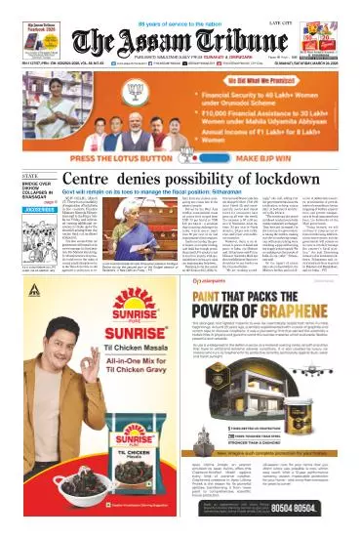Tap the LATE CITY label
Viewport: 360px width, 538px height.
click(311, 11)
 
